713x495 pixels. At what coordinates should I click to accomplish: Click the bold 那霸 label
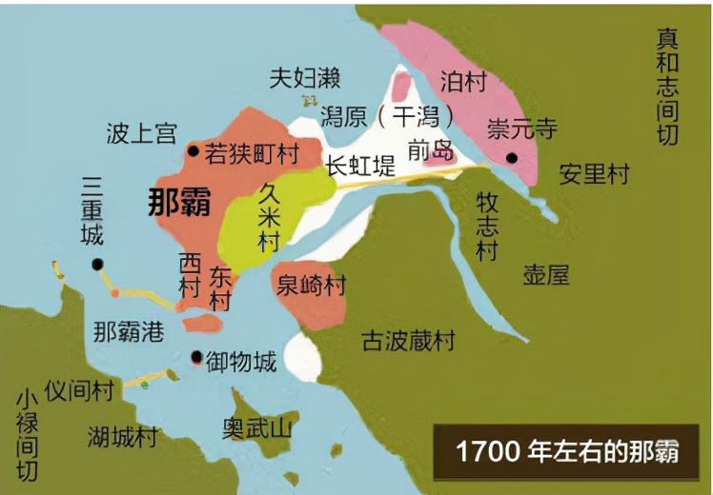(x=179, y=203)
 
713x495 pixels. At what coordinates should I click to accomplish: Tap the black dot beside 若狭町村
(x=194, y=150)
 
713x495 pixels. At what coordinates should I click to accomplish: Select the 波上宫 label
(x=141, y=133)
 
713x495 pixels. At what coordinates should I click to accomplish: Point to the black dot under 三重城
(x=98, y=265)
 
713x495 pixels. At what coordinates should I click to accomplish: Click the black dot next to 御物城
(x=196, y=359)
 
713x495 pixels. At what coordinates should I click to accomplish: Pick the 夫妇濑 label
(x=304, y=78)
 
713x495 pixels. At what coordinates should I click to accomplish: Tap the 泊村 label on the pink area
(x=463, y=81)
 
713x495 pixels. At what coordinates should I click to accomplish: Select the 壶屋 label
(x=546, y=275)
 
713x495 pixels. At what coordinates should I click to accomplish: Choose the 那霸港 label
(x=129, y=331)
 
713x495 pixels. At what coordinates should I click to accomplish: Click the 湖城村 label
(x=123, y=437)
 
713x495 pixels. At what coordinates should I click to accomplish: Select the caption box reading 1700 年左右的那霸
(x=567, y=450)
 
